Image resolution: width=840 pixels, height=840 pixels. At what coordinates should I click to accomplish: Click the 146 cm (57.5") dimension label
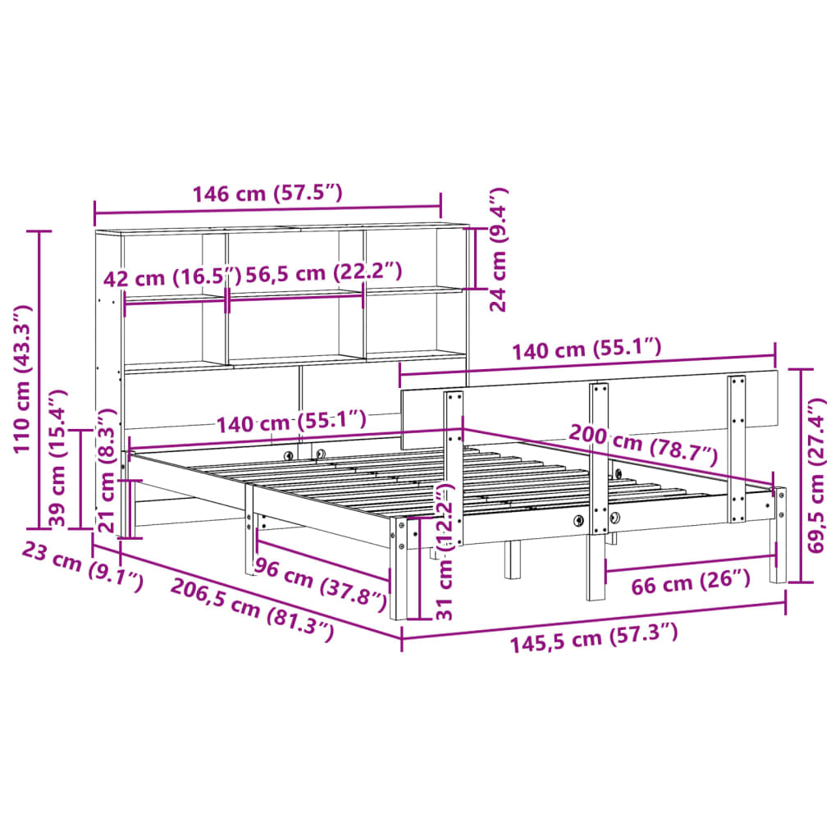(x=267, y=194)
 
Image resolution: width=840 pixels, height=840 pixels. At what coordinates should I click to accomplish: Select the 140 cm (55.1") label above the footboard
(x=586, y=351)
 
